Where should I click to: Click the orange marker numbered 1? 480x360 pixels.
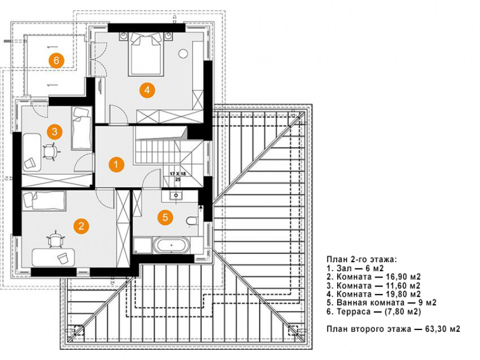point(116,164)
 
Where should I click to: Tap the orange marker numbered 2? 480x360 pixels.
point(81,226)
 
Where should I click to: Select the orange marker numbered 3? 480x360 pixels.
point(54,132)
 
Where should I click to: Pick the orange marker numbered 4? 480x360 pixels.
point(146,89)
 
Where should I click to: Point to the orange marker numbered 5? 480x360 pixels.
point(164,216)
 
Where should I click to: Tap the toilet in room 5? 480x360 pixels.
point(191,220)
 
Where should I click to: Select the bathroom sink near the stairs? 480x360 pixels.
point(176,196)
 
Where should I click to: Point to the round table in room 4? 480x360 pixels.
point(183,54)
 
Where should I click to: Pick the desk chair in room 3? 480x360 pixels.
point(50,151)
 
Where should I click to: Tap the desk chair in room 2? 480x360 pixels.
point(55,240)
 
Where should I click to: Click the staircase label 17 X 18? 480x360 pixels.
point(177,175)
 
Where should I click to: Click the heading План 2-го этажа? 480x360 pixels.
point(361,259)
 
